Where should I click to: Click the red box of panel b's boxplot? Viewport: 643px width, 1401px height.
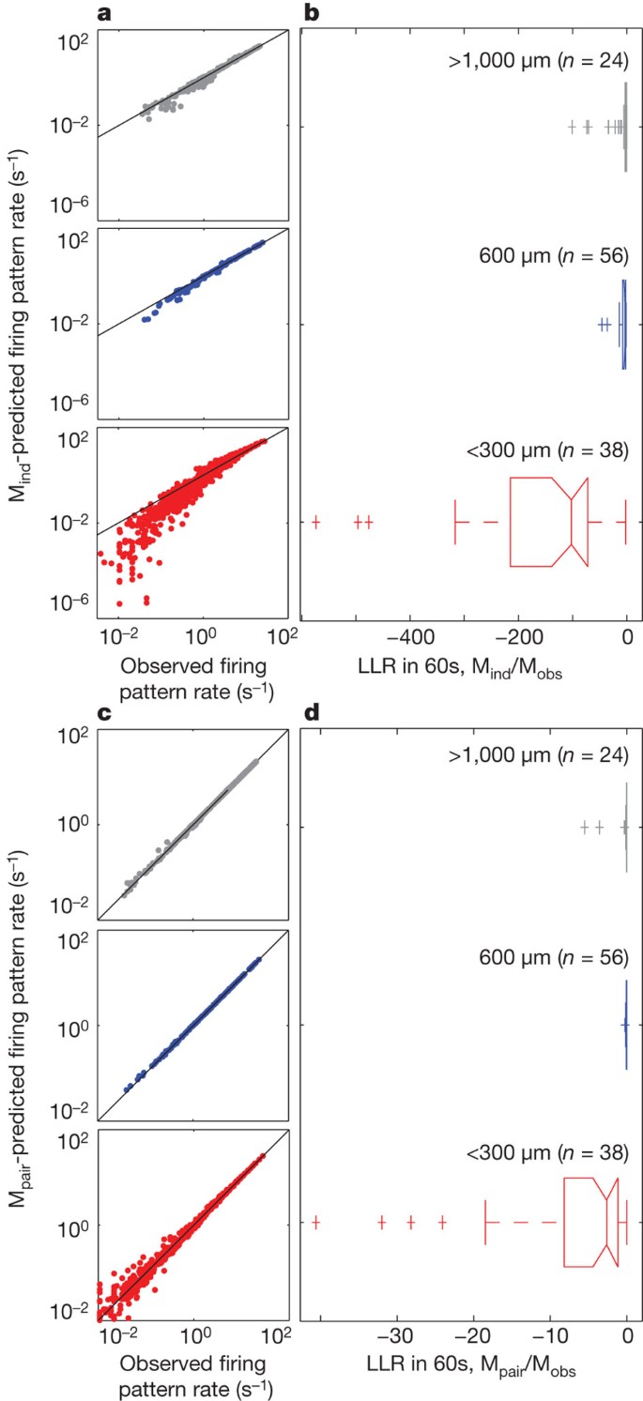click(549, 522)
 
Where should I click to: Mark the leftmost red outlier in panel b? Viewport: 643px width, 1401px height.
click(316, 522)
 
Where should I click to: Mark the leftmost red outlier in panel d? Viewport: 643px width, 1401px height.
click(316, 1222)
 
